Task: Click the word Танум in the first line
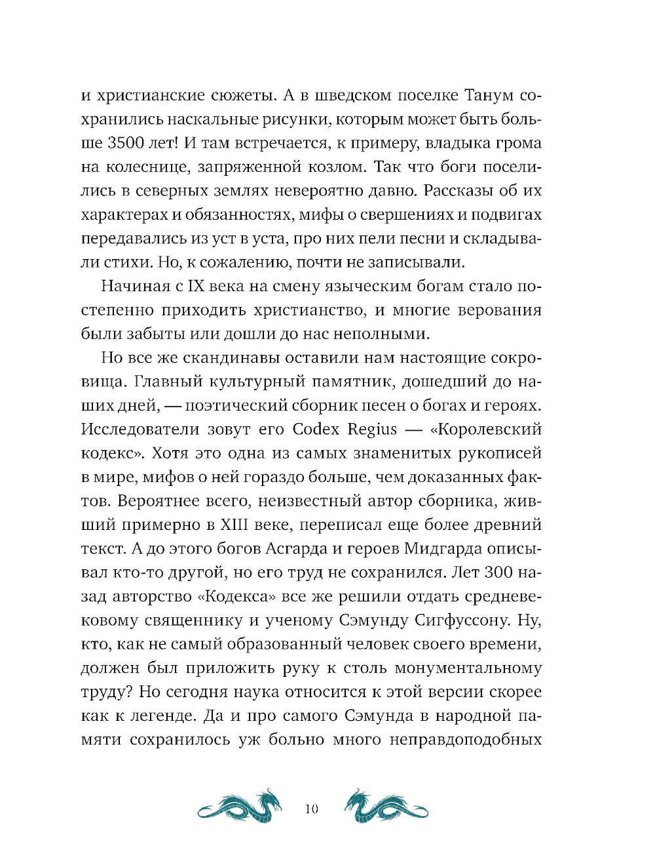pos(489,96)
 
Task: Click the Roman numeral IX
pos(196,287)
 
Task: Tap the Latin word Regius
pos(372,430)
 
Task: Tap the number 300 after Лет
pos(498,573)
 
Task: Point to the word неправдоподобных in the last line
pos(466,740)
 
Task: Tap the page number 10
pos(312,809)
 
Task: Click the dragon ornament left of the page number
pos(240,806)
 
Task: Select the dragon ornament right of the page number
pos(386,806)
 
